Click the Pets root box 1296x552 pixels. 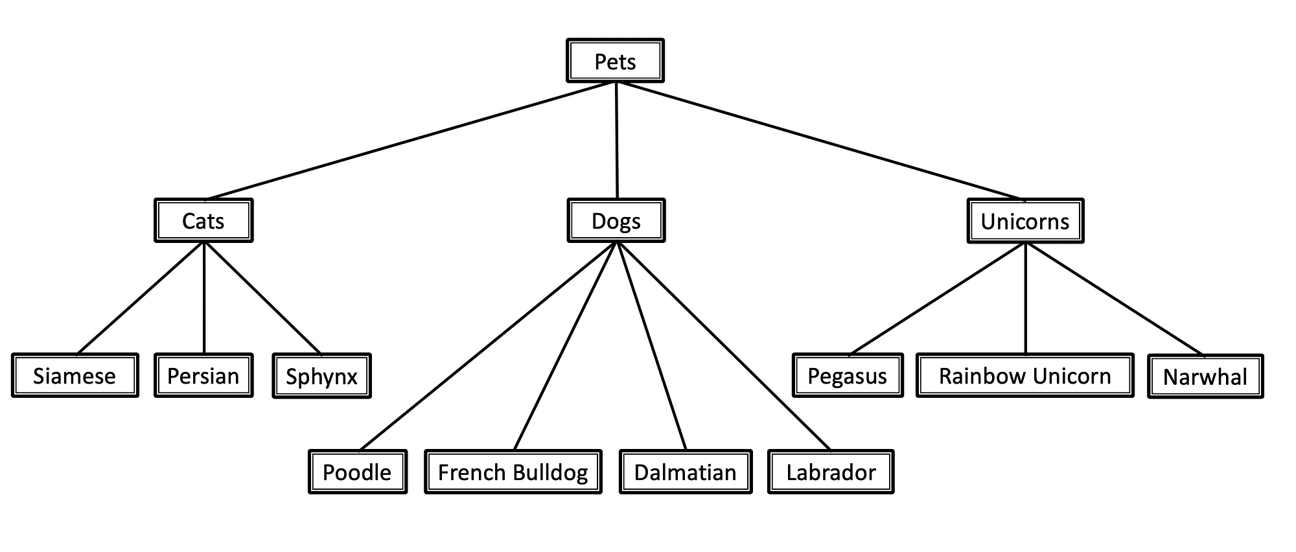(615, 61)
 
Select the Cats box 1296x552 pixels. (203, 221)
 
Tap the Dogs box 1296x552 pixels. (616, 221)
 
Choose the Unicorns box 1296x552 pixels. (1025, 222)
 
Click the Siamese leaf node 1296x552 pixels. (75, 376)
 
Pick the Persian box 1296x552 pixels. (203, 376)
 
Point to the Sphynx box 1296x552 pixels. (321, 376)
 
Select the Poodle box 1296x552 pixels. (357, 472)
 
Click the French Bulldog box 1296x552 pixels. (513, 472)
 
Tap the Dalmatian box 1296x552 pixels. (686, 472)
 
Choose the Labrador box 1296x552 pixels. (831, 472)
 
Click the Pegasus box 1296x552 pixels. (848, 376)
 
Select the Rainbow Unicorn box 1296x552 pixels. (1025, 376)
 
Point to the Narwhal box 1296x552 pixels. (1205, 376)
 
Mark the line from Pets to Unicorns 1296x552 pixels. (820, 141)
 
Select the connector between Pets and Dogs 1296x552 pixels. (616, 140)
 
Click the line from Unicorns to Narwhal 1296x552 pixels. (1115, 299)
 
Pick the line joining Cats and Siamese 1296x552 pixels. (141, 299)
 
